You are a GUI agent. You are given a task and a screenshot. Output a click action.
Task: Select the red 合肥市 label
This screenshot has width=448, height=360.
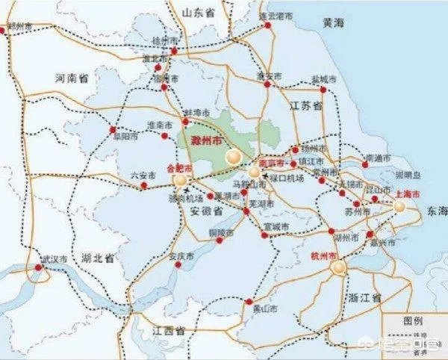(x=179, y=168)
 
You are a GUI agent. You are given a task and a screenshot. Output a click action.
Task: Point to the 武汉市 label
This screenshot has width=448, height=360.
(x=54, y=258)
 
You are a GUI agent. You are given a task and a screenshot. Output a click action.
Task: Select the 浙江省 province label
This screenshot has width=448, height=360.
(x=364, y=297)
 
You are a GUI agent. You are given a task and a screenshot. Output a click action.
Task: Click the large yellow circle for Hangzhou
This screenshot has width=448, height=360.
(x=340, y=267)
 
